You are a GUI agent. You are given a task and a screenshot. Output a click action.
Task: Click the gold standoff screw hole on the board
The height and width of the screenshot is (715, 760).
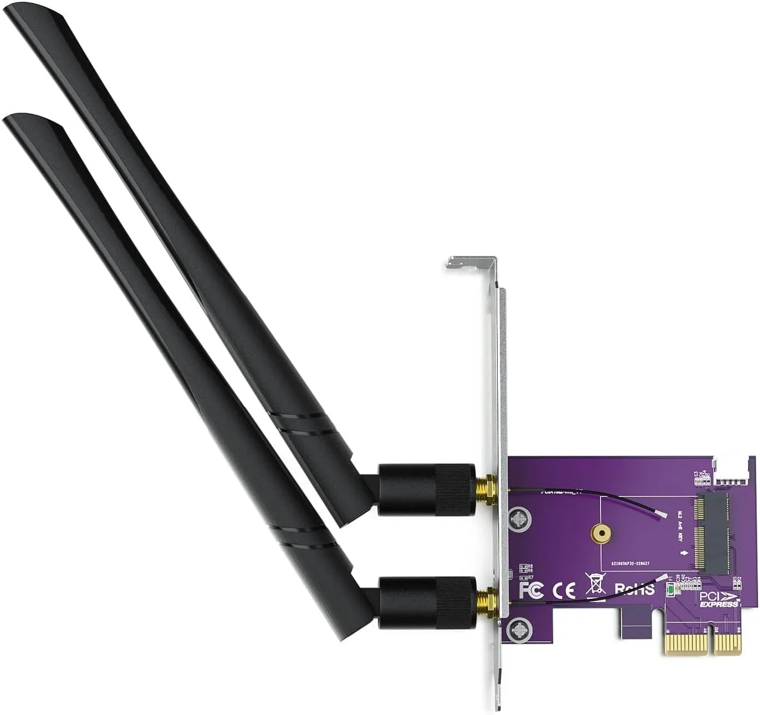click(x=600, y=532)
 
